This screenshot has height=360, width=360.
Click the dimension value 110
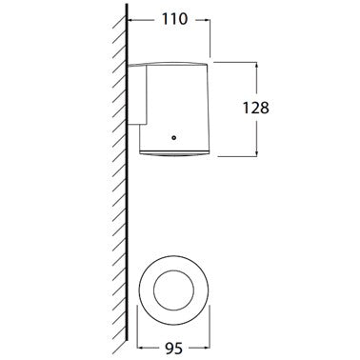pyautogui.click(x=175, y=20)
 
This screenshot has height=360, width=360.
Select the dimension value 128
pyautogui.click(x=256, y=108)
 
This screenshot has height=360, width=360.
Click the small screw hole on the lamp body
pyautogui.click(x=173, y=137)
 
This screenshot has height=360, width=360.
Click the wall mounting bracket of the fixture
pyautogui.click(x=137, y=94)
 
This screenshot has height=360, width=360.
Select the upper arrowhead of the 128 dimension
pyautogui.click(x=256, y=66)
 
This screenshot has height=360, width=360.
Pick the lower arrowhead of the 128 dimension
pyautogui.click(x=256, y=153)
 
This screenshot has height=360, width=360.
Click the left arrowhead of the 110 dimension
pyautogui.click(x=130, y=20)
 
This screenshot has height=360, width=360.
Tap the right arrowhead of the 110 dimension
pyautogui.click(x=207, y=20)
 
